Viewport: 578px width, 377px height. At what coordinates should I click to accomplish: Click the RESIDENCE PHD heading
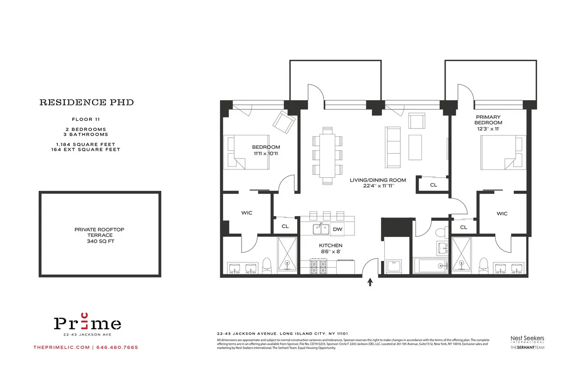coord(86,103)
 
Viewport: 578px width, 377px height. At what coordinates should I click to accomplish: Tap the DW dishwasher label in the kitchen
coord(338,229)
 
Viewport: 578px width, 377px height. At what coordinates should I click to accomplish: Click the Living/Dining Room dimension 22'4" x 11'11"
coord(378,186)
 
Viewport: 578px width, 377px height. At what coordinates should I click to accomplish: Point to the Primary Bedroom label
coord(488,120)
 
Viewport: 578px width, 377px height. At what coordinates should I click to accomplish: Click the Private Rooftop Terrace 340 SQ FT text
coord(100,235)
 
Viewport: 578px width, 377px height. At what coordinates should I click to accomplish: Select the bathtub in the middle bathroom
coord(430,266)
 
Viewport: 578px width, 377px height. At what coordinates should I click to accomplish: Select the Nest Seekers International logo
coord(527,339)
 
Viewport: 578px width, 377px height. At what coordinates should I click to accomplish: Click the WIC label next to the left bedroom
coord(247,213)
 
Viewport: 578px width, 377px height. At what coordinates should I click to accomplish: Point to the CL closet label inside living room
coord(433,184)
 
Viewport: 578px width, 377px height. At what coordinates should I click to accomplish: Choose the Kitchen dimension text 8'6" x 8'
coord(330,251)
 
